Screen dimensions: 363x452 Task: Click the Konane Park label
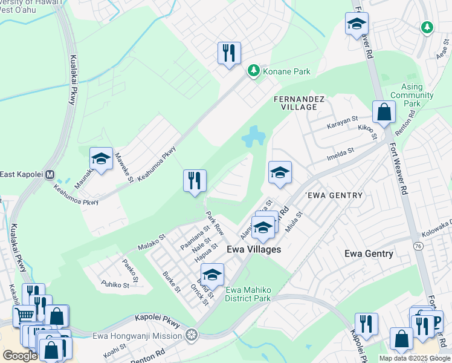287,71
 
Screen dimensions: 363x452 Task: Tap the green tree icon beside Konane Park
254,71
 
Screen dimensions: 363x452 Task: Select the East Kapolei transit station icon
51,175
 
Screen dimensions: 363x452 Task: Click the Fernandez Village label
299,102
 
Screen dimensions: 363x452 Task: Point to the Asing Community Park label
412,95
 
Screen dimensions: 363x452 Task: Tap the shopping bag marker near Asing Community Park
384,113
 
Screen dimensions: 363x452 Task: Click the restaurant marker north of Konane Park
229,54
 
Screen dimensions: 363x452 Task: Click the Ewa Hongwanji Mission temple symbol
192,335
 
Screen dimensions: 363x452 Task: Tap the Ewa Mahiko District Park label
248,294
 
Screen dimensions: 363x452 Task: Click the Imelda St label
340,155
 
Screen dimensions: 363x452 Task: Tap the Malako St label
151,242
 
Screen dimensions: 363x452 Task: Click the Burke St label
171,281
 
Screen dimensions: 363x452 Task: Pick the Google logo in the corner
20,356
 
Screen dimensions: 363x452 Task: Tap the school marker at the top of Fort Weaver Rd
357,25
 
